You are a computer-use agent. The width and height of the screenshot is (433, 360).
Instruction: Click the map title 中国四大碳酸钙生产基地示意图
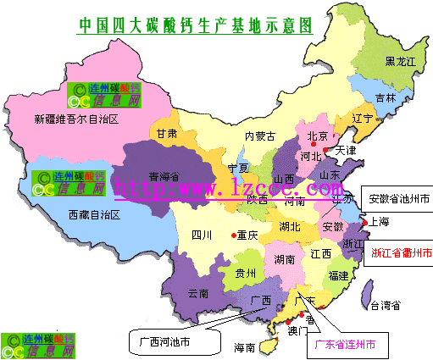pyautogui.click(x=194, y=24)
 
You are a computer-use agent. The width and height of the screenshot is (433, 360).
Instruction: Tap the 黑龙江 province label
pyautogui.click(x=401, y=61)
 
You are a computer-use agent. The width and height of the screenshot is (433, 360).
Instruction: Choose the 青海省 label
pyautogui.click(x=165, y=176)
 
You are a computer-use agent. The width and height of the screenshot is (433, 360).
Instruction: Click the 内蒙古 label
pyautogui.click(x=260, y=136)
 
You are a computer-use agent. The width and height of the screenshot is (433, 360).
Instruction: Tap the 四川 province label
pyautogui.click(x=201, y=235)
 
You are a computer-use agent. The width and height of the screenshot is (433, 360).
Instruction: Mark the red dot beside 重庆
pyautogui.click(x=233, y=235)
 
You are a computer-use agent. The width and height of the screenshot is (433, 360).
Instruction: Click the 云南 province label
pyautogui.click(x=198, y=293)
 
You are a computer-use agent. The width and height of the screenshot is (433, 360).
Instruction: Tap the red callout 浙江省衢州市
pyautogui.click(x=402, y=252)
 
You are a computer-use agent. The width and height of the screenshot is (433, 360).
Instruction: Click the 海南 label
pyautogui.click(x=244, y=347)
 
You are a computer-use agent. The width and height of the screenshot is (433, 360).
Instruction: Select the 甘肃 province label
pyautogui.click(x=166, y=134)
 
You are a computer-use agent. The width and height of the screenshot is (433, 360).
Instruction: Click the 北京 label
pyautogui.click(x=317, y=136)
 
